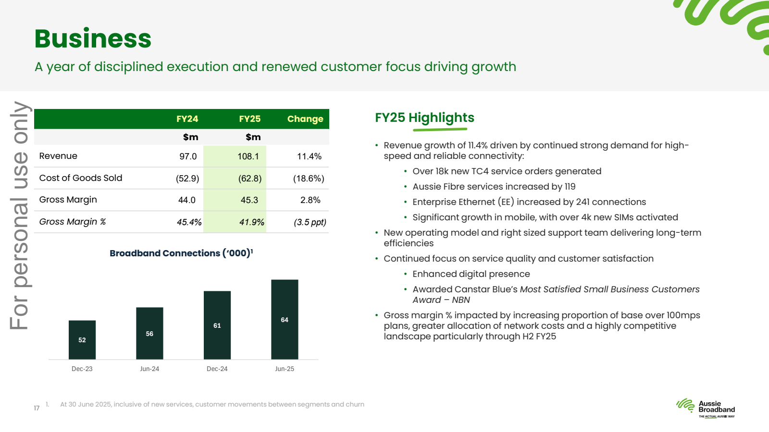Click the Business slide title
click(x=93, y=39)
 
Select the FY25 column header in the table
click(x=249, y=119)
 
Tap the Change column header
click(x=305, y=119)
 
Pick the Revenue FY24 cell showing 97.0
click(x=188, y=156)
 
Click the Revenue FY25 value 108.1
click(x=248, y=156)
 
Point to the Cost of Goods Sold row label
click(x=81, y=178)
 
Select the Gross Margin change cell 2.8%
click(x=310, y=200)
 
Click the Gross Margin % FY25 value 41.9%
click(x=251, y=222)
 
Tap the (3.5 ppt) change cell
click(x=310, y=222)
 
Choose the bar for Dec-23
click(x=82, y=340)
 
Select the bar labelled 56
click(x=149, y=333)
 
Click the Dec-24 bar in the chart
click(x=217, y=325)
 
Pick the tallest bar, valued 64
click(x=285, y=319)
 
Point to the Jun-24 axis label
click(x=149, y=369)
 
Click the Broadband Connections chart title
click(x=181, y=253)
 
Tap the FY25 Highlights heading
click(x=424, y=118)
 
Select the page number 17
click(x=37, y=408)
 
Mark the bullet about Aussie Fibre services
click(x=494, y=187)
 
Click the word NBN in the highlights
click(x=461, y=300)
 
